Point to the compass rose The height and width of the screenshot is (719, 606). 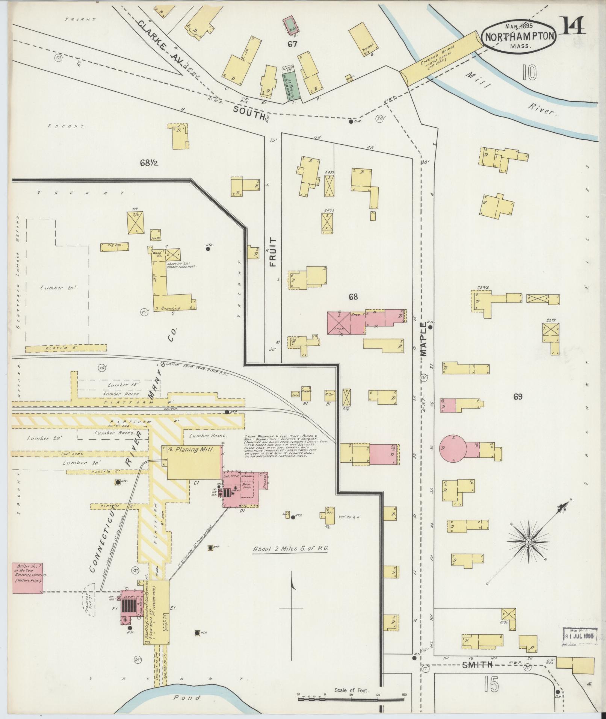[528, 542]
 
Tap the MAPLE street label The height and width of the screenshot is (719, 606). [424, 339]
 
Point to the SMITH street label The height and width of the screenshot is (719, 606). [477, 665]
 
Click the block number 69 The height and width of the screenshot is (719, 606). [518, 396]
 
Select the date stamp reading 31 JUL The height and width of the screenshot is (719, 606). [577, 636]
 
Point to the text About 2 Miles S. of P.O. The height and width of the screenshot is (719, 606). [291, 548]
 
